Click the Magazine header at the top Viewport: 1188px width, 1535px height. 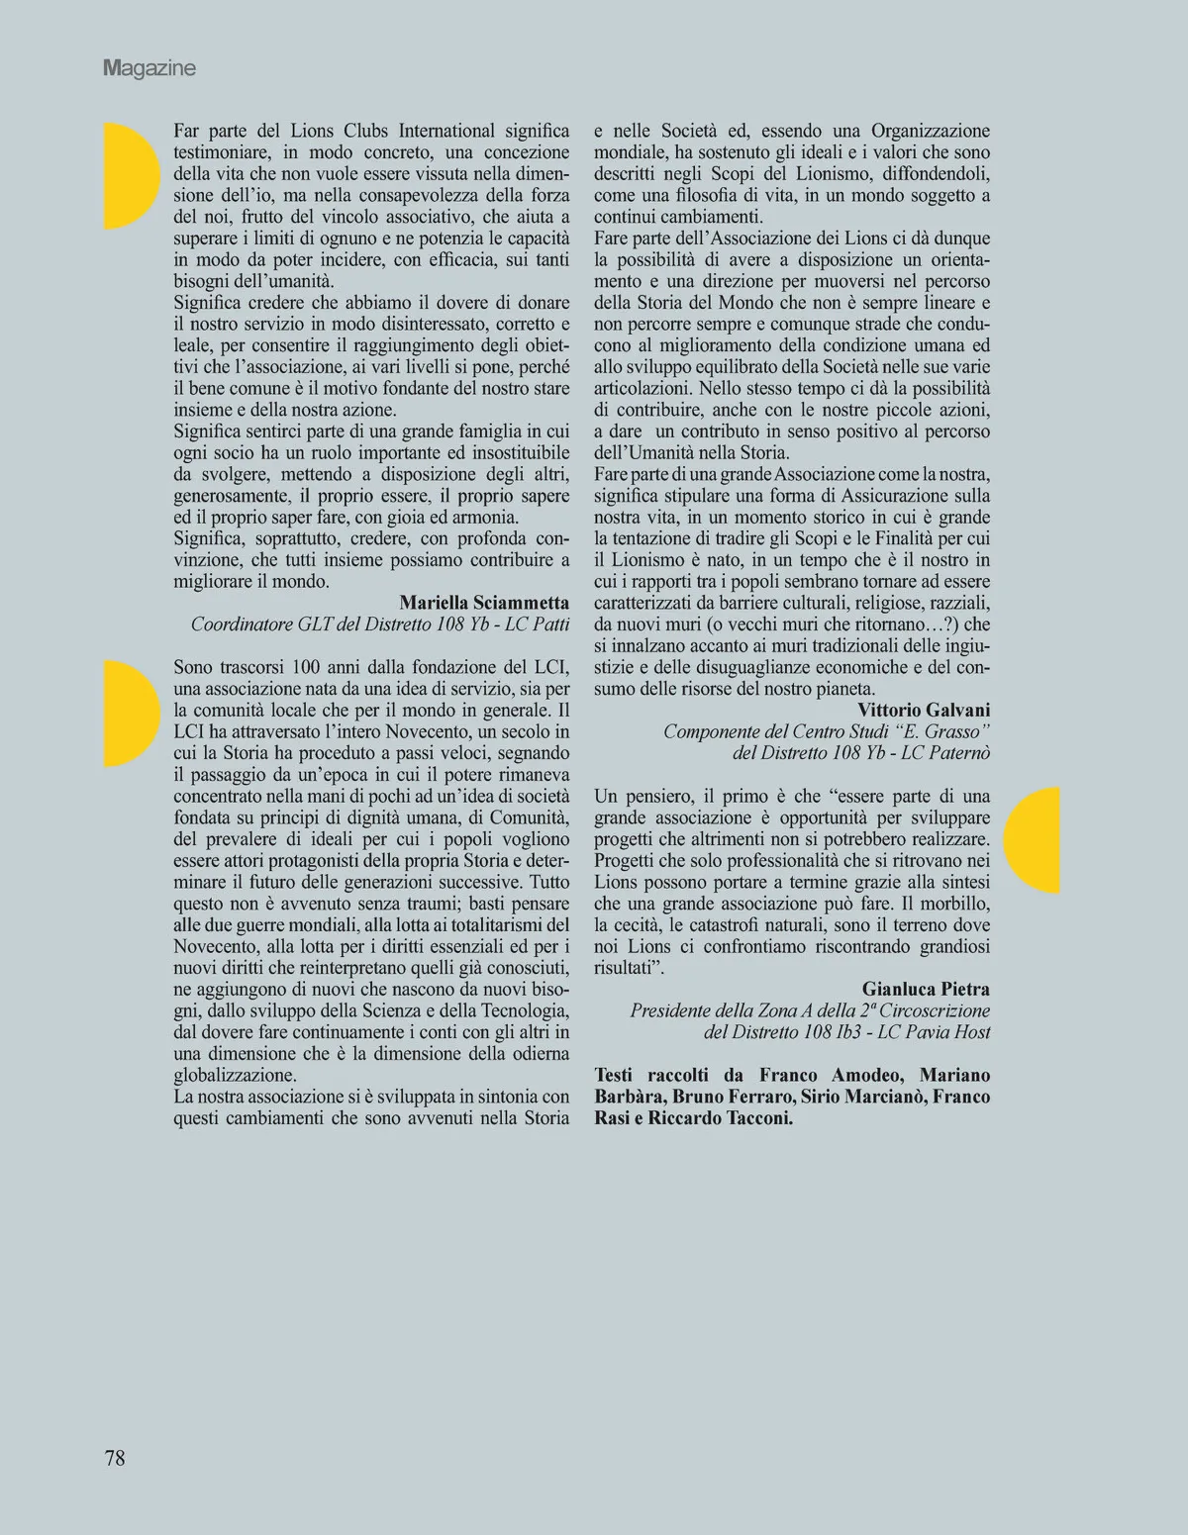(x=149, y=68)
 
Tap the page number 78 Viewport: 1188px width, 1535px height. (x=115, y=1457)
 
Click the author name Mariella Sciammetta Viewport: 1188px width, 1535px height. (x=484, y=603)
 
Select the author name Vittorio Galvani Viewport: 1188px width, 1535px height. (x=924, y=710)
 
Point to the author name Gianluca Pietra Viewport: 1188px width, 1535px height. (x=926, y=989)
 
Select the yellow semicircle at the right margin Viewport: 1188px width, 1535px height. (x=1035, y=840)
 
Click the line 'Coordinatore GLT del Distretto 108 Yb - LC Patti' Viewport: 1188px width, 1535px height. (x=380, y=624)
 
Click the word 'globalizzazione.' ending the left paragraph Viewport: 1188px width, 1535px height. (x=236, y=1075)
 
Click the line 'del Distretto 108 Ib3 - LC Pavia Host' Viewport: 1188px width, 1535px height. (x=846, y=1032)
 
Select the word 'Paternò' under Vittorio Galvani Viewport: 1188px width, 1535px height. (x=959, y=753)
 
